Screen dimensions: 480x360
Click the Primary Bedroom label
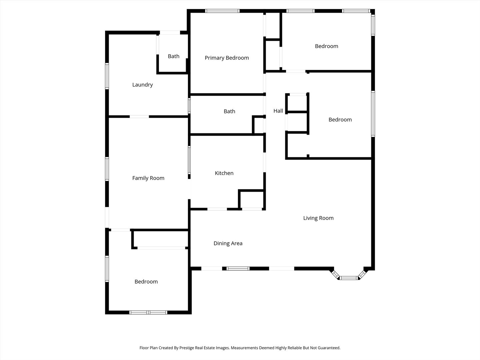point(227,58)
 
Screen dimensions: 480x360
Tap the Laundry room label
point(143,85)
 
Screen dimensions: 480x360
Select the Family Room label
point(148,178)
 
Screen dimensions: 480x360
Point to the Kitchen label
point(224,173)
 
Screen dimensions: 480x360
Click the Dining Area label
point(228,243)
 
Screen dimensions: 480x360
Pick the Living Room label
point(318,218)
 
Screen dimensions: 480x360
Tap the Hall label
point(278,111)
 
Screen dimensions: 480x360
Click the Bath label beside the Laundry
point(174,56)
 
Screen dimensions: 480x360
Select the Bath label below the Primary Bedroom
point(229,111)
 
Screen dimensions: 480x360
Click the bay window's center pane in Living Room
point(349,278)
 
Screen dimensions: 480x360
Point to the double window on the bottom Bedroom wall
point(148,312)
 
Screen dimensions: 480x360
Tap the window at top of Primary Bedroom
point(222,11)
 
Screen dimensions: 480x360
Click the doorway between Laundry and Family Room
point(139,117)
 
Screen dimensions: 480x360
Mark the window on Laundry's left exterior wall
point(107,76)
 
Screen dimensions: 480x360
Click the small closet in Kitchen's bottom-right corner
point(251,200)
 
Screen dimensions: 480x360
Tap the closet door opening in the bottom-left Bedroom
point(161,248)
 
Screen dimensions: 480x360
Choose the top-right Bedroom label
point(326,46)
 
